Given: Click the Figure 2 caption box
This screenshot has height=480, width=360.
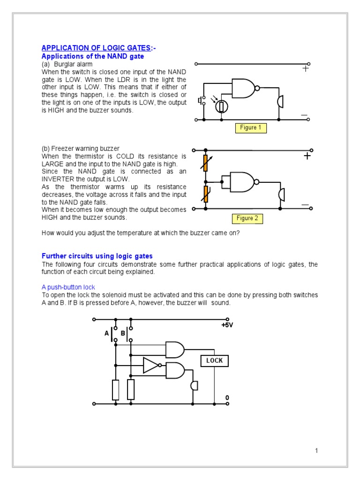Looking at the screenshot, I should [247, 218].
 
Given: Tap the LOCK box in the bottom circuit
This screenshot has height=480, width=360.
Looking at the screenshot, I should [215, 360].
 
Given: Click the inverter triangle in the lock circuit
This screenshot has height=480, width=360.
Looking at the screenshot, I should [151, 365].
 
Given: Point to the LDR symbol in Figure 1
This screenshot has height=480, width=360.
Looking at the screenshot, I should [222, 106].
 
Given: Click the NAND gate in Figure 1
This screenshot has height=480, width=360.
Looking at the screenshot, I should [244, 88].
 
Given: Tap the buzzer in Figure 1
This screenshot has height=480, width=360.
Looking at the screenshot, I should [280, 102].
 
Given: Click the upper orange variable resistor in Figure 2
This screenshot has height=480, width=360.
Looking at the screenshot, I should [205, 163].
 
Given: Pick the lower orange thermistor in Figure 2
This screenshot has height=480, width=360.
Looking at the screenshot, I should [205, 193].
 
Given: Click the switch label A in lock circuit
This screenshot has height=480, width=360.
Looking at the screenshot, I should [106, 333].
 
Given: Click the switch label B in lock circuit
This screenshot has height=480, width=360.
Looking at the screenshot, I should [123, 333].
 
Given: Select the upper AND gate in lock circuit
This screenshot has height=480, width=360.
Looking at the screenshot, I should [175, 349].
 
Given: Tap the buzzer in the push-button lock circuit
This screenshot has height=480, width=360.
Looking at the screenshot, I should [195, 385].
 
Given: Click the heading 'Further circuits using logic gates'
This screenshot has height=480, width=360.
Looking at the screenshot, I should [97, 256].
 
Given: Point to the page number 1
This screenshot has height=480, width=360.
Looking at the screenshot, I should [316, 451].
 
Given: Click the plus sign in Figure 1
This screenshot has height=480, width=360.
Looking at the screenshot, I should [306, 68].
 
